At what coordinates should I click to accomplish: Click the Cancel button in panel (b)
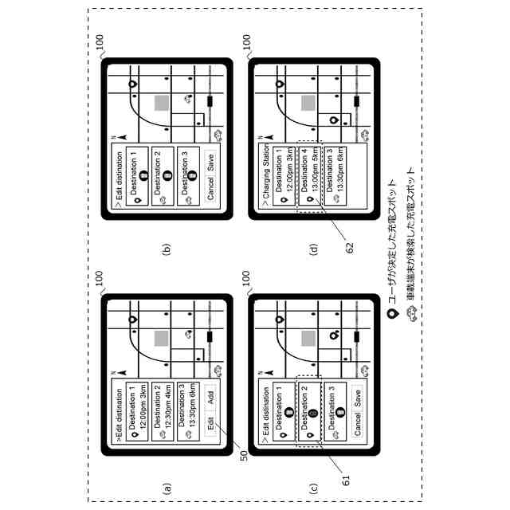pos(210,194)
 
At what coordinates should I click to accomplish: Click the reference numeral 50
pos(244,457)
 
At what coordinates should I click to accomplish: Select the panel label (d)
pos(313,249)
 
